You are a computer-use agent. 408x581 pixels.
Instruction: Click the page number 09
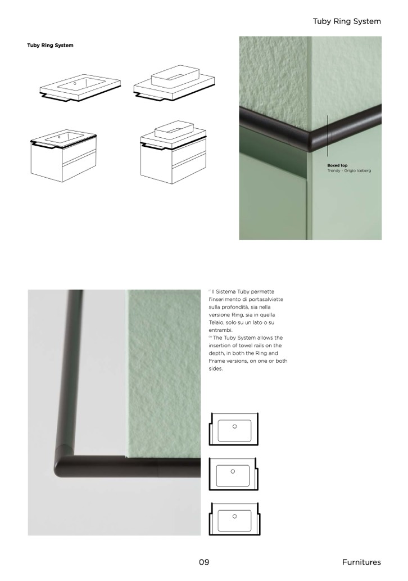click(x=204, y=562)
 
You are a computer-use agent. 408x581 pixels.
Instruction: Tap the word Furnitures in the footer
click(x=361, y=562)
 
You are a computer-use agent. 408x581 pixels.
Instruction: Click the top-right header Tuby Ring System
click(x=347, y=21)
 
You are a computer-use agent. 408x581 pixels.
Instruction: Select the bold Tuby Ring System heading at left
click(x=51, y=45)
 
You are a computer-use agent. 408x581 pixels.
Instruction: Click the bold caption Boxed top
click(x=337, y=165)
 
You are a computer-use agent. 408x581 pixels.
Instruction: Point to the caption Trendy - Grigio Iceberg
click(x=349, y=170)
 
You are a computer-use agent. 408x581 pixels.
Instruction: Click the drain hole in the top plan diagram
click(x=234, y=426)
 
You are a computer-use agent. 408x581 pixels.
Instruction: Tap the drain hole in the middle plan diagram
click(x=233, y=471)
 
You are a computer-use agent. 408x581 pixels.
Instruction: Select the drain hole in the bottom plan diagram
click(x=234, y=516)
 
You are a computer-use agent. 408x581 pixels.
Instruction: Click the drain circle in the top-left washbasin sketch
click(x=75, y=83)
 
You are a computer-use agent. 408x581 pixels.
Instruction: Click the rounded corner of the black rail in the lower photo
click(x=61, y=463)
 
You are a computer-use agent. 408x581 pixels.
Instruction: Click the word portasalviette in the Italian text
click(x=264, y=299)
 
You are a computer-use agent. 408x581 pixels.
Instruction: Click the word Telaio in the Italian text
click(x=216, y=322)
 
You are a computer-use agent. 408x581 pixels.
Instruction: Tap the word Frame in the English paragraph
click(x=217, y=361)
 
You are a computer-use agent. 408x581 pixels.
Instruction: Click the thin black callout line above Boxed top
click(x=328, y=136)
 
